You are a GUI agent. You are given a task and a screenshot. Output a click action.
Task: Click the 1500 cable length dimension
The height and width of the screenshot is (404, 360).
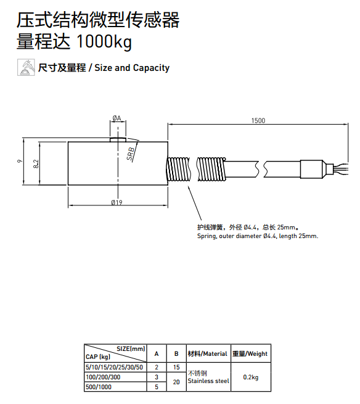pyautogui.click(x=258, y=120)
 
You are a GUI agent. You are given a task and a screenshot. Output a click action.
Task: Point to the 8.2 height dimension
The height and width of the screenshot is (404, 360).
pyautogui.click(x=36, y=164)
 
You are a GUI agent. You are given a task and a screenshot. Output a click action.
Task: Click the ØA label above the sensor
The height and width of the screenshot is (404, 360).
pyautogui.click(x=117, y=118)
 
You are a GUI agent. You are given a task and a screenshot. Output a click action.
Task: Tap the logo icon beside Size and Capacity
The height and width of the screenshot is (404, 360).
pyautogui.click(x=26, y=67)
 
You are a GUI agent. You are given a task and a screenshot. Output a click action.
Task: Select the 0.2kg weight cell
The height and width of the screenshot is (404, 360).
pyautogui.click(x=251, y=377)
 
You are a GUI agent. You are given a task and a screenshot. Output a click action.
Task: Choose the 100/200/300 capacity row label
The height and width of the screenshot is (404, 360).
pyautogui.click(x=103, y=377)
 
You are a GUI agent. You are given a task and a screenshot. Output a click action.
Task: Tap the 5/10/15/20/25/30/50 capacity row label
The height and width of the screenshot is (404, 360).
pyautogui.click(x=114, y=367)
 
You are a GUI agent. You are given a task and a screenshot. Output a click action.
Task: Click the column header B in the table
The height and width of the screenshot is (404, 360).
pyautogui.click(x=176, y=353)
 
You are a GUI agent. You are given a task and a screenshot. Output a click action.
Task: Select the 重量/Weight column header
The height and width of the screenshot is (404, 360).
pyautogui.click(x=250, y=353)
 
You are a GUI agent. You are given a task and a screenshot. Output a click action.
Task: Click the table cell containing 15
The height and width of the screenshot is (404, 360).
pyautogui.click(x=176, y=367)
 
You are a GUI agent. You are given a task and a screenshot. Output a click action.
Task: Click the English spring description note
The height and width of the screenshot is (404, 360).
pyautogui.click(x=257, y=236)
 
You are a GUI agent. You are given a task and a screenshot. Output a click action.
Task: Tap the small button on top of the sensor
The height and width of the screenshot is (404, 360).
pyautogui.click(x=117, y=138)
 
